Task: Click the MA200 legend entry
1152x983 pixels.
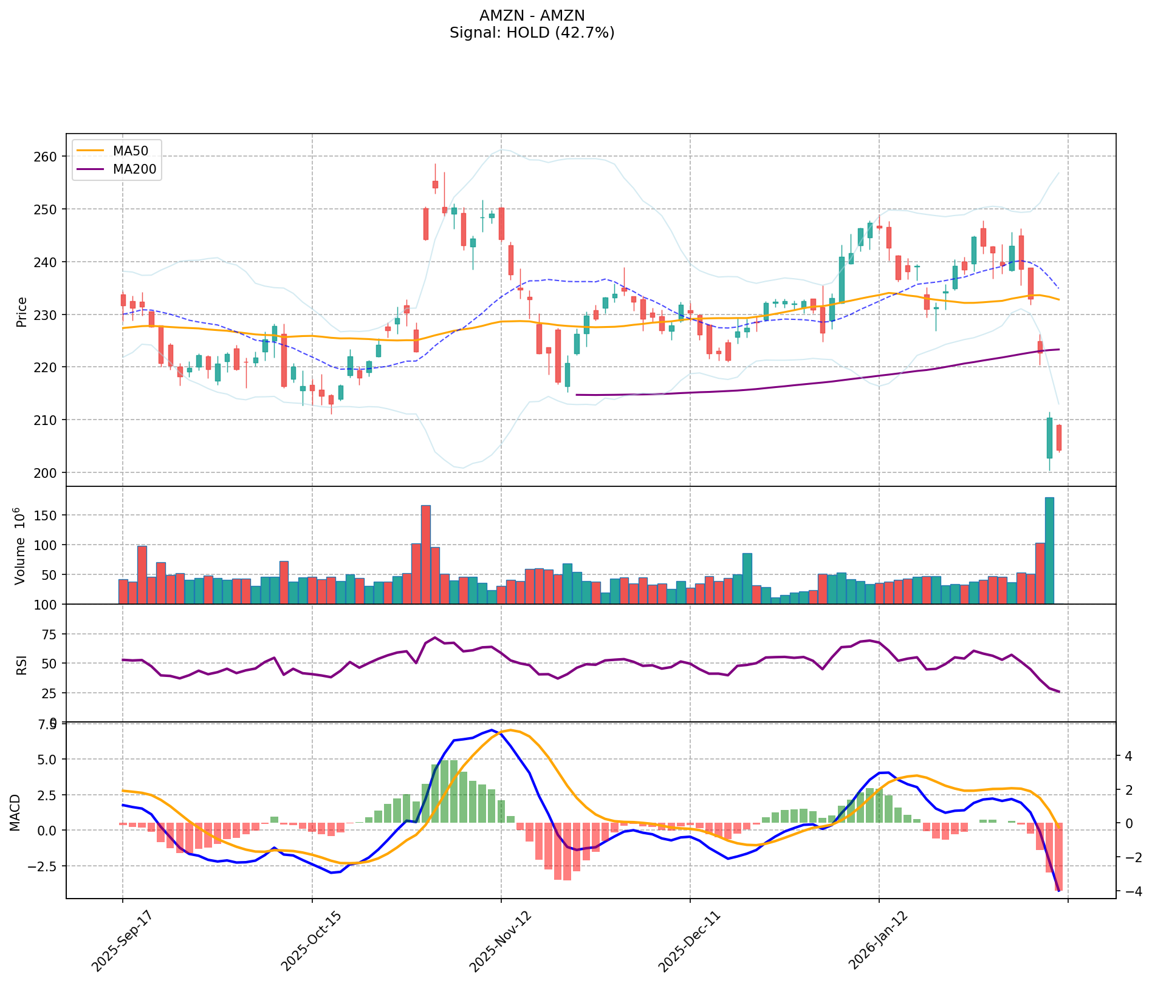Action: [x=134, y=169]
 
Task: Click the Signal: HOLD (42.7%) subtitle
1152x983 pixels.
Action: [x=532, y=33]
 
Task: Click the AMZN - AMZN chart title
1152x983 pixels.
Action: [x=532, y=15]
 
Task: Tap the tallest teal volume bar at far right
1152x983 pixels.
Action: [x=1049, y=550]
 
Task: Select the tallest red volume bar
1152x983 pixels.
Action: [x=425, y=554]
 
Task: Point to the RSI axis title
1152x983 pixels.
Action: [x=21, y=664]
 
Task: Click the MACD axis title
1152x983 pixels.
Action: [x=15, y=812]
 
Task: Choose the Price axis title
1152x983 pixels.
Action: [x=21, y=311]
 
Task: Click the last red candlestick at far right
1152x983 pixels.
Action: [x=1059, y=438]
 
